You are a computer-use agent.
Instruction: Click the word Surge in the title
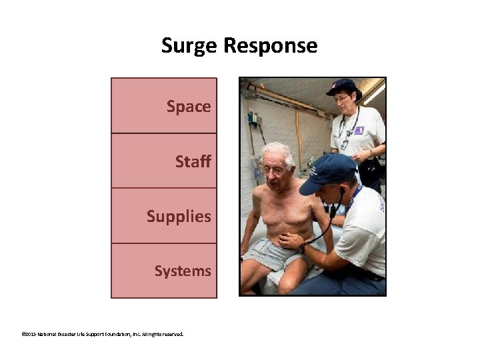coord(189,46)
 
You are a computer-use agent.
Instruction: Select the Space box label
coord(189,106)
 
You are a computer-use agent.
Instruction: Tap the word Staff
coord(193,161)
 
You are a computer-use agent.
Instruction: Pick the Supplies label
coord(179,217)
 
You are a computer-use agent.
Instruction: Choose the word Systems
coord(183,271)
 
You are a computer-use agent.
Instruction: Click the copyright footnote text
coord(102,334)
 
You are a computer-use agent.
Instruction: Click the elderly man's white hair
coord(279,151)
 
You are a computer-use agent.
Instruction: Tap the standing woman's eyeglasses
coord(341,99)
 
